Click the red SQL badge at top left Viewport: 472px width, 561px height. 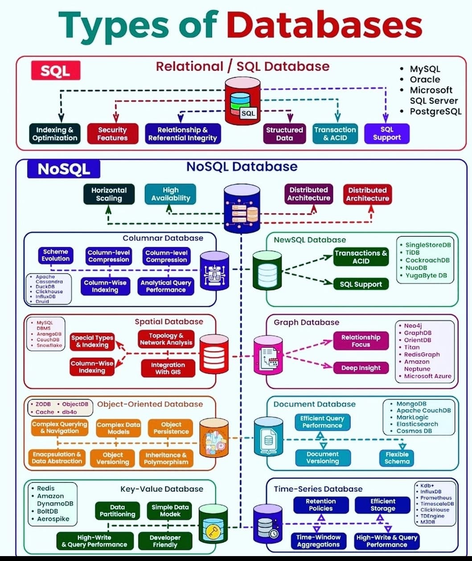(55, 70)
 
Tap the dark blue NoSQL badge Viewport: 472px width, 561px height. (63, 169)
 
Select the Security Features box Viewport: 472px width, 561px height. (112, 134)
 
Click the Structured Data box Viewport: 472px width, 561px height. (284, 134)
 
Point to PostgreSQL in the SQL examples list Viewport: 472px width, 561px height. (435, 111)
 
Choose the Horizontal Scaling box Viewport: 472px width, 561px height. (109, 194)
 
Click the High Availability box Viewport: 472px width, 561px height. (170, 194)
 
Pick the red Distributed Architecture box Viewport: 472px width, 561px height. (367, 194)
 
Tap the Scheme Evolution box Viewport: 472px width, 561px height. (56, 255)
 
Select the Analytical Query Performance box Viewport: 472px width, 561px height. (166, 286)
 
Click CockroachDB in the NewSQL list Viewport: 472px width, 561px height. (427, 260)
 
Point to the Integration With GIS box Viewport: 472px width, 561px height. (168, 368)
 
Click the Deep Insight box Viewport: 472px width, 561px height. (361, 368)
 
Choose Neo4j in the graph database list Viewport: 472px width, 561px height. (414, 326)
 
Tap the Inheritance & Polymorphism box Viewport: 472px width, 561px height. (166, 458)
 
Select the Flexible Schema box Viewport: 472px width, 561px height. (397, 458)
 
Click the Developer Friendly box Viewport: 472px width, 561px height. (165, 541)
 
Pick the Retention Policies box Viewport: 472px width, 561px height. (320, 505)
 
